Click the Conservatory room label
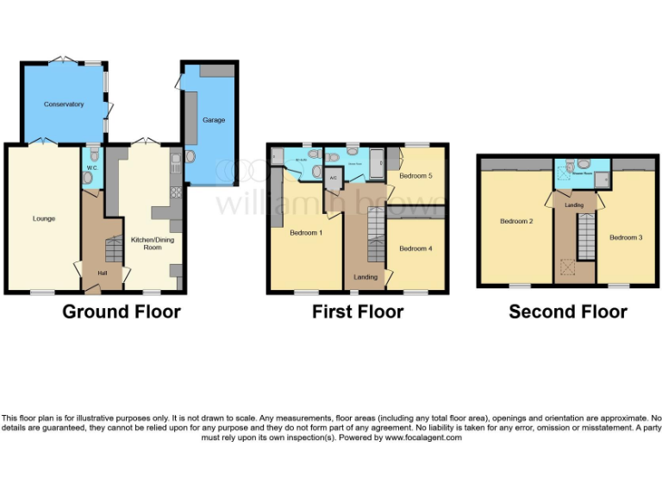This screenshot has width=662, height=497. coord(65,104)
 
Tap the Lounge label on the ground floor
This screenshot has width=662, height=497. coord(44,218)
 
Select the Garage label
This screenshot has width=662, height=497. coord(214,120)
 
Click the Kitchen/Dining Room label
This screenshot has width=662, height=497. coord(146,242)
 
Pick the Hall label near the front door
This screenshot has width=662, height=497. coord(103,274)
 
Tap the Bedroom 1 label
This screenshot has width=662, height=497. coord(306,233)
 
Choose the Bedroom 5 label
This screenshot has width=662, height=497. coord(415,176)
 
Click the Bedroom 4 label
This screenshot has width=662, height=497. coord(415,248)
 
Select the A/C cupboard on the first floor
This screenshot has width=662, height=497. coord(334,178)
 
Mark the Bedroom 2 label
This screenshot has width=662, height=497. coord(516,222)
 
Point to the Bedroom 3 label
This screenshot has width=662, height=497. coord(626,237)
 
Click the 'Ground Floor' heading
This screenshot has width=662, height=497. coord(121,312)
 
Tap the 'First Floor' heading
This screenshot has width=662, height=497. coord(358,312)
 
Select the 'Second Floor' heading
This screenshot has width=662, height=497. coord(568,312)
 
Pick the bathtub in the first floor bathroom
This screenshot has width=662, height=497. coord(376,160)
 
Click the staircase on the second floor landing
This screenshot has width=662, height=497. coord(585,236)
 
